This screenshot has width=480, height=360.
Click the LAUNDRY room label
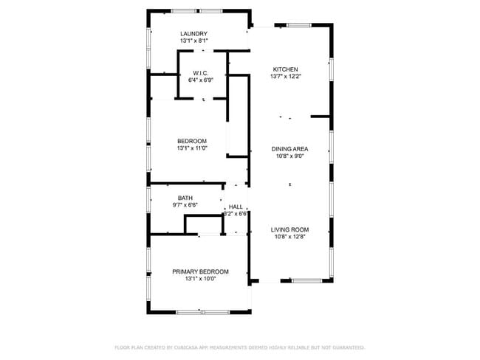coord(193,34)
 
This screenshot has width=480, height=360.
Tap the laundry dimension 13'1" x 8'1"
coord(193,42)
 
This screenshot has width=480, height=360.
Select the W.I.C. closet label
coord(201,72)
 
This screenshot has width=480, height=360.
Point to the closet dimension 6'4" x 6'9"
coord(201,80)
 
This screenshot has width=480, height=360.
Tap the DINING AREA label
coord(289,148)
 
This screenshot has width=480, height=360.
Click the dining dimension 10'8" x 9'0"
coord(289,156)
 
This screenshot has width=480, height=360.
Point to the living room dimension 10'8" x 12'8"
coord(289,238)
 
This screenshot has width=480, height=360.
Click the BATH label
coord(185,198)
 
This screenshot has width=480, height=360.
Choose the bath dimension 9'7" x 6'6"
coord(185,205)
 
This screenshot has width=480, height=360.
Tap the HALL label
coord(236,207)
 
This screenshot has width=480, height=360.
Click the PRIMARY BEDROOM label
coord(200,271)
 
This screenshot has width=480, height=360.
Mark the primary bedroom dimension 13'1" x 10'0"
coord(200,280)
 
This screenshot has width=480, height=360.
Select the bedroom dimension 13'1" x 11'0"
coord(191,148)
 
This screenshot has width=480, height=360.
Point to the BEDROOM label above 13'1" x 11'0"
coord(191,140)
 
